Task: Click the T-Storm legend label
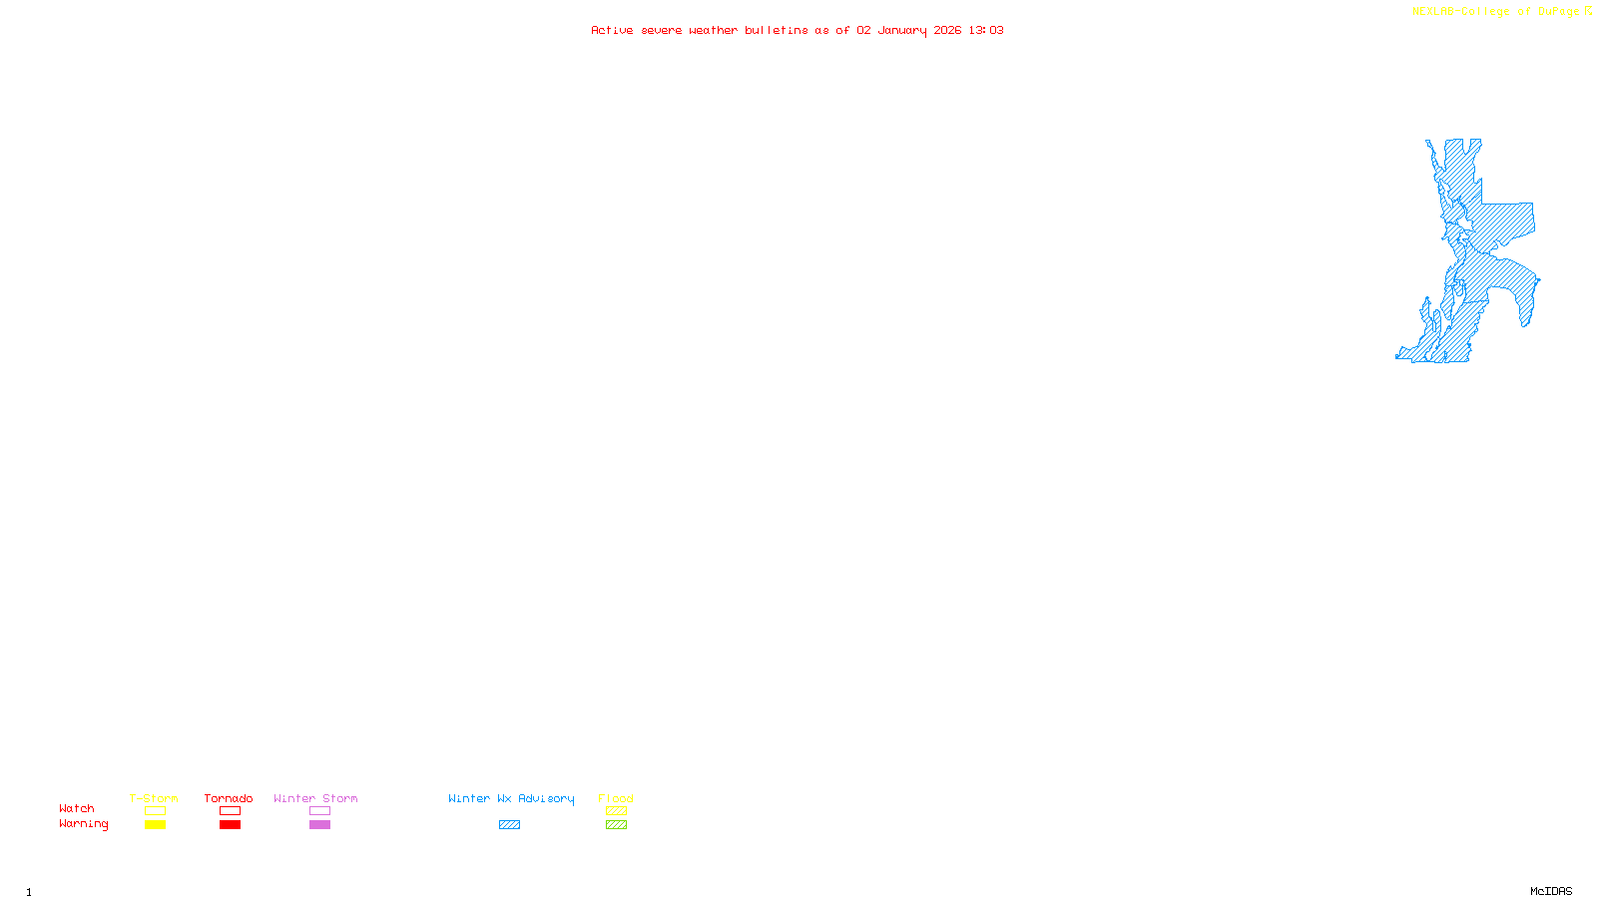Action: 154,798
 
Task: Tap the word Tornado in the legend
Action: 229,798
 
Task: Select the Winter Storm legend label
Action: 315,798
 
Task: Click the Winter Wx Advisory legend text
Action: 511,798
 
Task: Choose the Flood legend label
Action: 616,798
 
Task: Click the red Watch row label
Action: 77,808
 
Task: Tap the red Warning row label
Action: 84,824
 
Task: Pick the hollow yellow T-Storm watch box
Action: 155,811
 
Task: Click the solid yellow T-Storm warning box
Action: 155,825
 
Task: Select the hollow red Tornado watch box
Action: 230,811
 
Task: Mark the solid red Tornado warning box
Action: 230,825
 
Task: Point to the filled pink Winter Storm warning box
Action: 319,825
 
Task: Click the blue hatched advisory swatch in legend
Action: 509,825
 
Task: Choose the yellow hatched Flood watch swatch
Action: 616,811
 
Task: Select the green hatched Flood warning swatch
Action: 616,825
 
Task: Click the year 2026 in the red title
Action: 948,30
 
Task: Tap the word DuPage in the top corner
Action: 1558,12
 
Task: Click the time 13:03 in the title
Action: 986,30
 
